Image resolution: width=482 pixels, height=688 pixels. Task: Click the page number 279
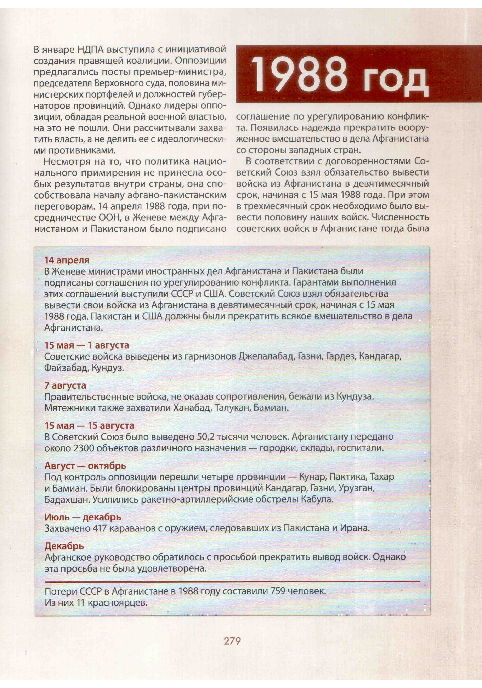(232, 641)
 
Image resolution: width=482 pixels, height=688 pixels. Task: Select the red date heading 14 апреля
(67, 260)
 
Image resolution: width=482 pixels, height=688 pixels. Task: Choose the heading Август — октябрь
(85, 466)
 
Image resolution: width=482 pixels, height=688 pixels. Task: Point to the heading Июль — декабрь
(83, 517)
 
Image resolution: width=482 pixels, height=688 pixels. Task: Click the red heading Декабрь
(64, 546)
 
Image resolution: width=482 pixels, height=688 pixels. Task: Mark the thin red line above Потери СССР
(232, 581)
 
